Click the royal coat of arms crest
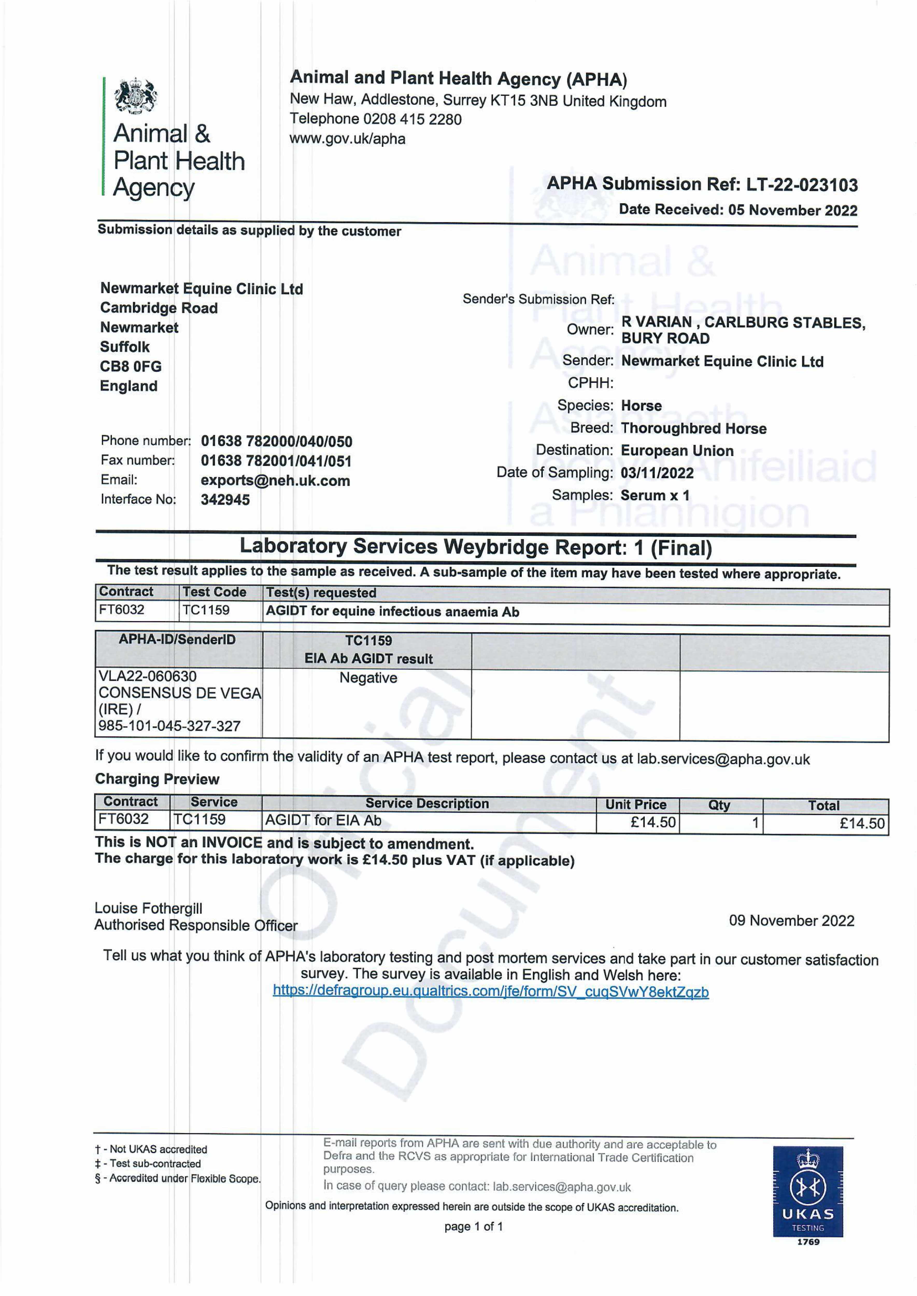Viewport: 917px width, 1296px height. tap(136, 96)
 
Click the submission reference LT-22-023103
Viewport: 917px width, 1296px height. tap(802, 185)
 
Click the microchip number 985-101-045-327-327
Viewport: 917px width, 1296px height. tap(169, 726)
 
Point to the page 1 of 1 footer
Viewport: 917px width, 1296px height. tap(473, 1226)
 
